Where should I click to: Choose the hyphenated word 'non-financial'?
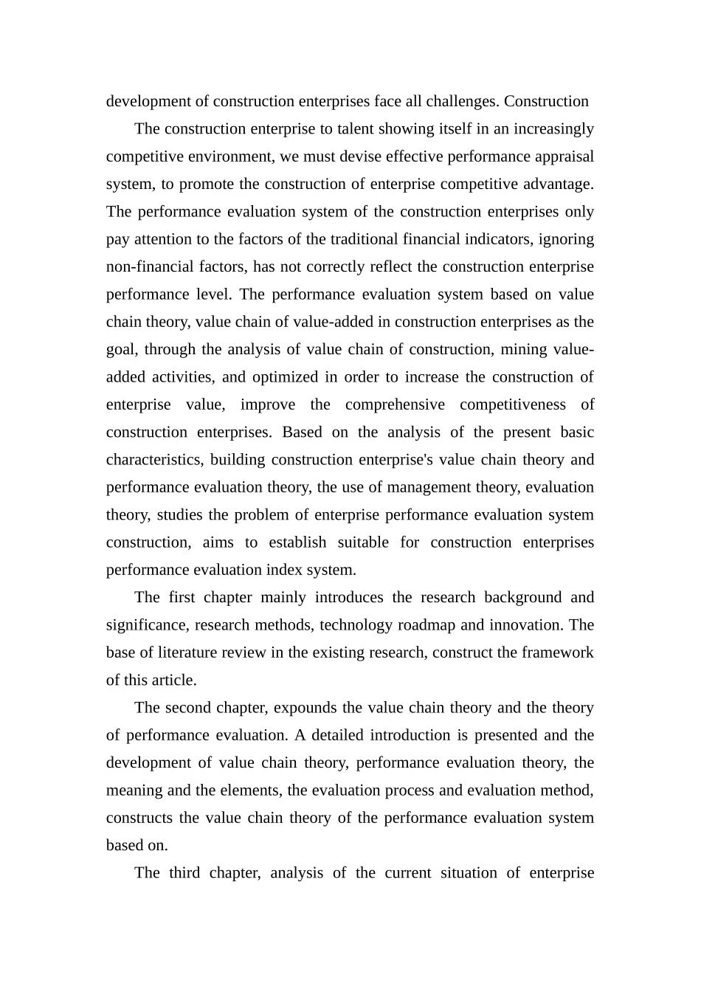click(x=150, y=266)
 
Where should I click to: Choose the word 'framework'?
click(x=557, y=652)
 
